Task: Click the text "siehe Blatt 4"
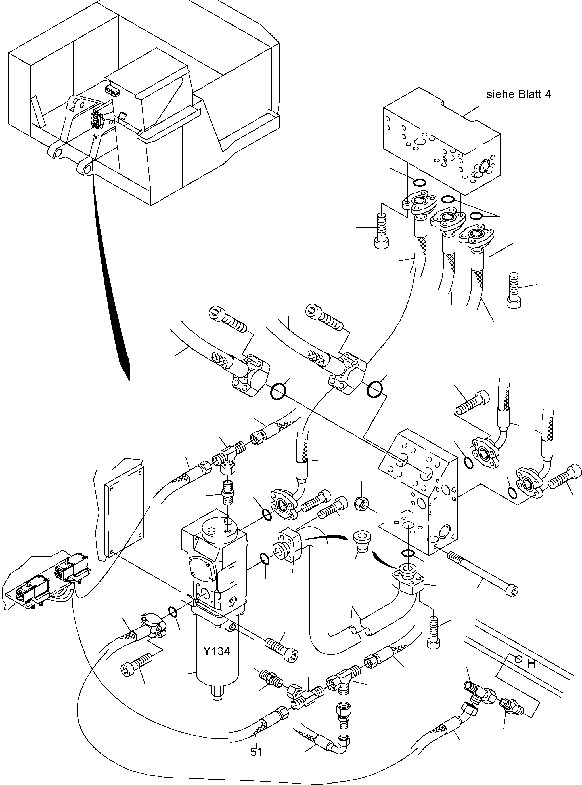click(x=519, y=94)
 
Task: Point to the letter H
click(x=532, y=664)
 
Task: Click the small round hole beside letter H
click(x=518, y=658)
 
